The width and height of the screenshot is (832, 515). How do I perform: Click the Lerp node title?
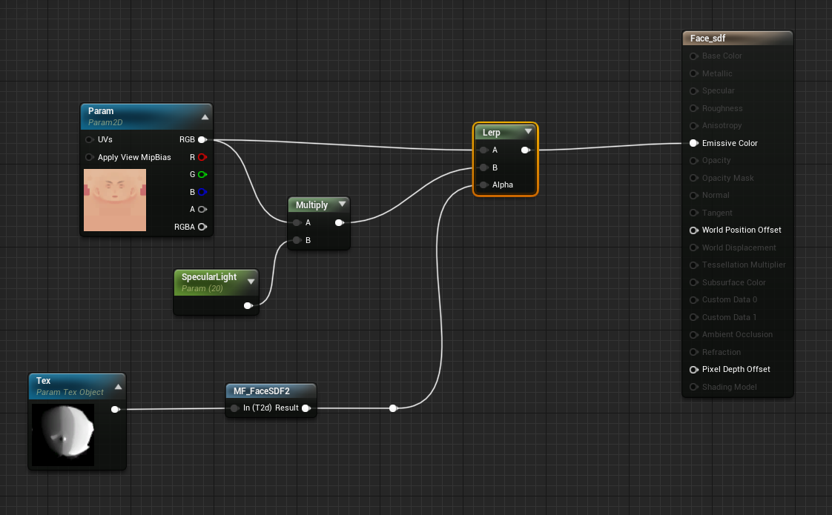[492, 133]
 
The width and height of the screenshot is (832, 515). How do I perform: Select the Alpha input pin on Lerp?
[484, 185]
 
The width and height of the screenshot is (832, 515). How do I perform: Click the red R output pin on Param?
[202, 157]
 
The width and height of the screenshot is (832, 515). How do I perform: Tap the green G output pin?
[202, 174]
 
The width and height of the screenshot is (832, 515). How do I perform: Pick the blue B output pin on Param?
[202, 192]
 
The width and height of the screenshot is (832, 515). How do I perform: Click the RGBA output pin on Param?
[202, 227]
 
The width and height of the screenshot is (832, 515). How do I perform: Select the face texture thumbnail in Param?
[115, 199]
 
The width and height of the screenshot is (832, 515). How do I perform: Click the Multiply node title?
[311, 205]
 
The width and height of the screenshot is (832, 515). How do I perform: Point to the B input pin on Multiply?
[297, 240]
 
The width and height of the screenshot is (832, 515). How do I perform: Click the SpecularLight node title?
[209, 277]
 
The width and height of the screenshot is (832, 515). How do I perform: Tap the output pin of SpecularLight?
[248, 305]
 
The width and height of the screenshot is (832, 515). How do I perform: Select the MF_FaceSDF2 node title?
[261, 391]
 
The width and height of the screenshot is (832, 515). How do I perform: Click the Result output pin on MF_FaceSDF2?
[306, 408]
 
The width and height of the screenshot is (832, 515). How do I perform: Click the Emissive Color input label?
[729, 143]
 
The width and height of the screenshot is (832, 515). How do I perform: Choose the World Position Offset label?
[741, 230]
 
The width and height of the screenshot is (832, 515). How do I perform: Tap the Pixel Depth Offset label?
[736, 369]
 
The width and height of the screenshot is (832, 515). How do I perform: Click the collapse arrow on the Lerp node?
[528, 132]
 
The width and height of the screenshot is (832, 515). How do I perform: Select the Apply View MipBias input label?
[133, 157]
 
